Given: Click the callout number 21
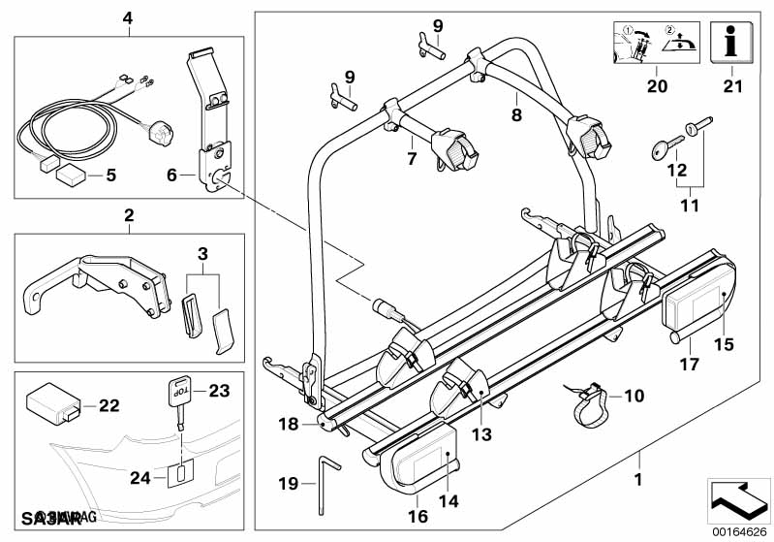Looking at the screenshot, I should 731,87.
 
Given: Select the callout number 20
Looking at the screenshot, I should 658,87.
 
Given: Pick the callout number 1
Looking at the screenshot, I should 637,479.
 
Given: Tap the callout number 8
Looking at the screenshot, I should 516,114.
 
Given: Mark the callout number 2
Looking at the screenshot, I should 129,213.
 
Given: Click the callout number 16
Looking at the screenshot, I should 418,517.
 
